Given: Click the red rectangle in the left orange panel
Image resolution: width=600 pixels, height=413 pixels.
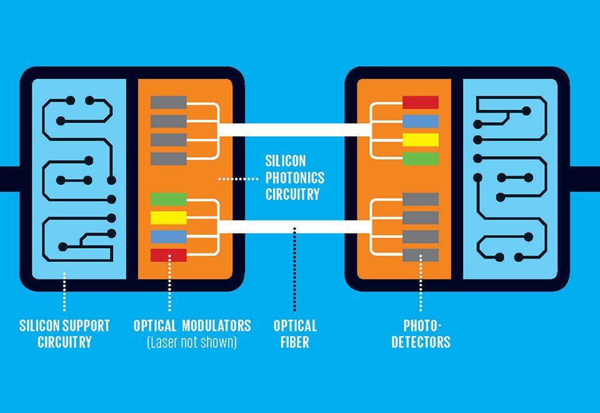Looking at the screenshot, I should click(x=169, y=255).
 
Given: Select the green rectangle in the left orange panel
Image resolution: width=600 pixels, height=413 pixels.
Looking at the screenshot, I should click(x=169, y=199).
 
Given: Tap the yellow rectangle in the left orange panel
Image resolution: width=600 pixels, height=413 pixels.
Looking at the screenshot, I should click(x=169, y=217).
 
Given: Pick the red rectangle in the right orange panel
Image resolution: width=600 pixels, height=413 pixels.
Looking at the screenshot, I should click(x=420, y=102).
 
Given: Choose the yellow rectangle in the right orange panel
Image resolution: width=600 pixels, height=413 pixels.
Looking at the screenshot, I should click(x=420, y=140).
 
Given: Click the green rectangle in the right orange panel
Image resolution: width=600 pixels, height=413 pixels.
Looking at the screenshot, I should click(x=420, y=159).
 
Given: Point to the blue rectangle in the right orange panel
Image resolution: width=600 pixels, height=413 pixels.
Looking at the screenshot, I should click(x=420, y=121).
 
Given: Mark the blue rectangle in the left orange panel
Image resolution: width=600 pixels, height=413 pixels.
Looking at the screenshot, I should click(x=169, y=236).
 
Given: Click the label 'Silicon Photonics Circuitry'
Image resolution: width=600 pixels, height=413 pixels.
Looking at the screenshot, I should click(x=292, y=178).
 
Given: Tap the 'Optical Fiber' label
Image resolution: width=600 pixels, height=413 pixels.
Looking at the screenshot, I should click(x=295, y=334).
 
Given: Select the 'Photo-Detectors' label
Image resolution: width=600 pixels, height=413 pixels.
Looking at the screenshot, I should click(x=421, y=334).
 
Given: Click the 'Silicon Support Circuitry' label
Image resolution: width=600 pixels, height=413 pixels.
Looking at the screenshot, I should click(x=64, y=334).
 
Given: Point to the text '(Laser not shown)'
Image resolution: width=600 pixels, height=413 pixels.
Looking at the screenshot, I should click(x=192, y=342).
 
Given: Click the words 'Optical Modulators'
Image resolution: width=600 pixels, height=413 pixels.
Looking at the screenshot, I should click(x=192, y=326).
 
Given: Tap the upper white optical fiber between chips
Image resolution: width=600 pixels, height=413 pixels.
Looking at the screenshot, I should click(x=294, y=130).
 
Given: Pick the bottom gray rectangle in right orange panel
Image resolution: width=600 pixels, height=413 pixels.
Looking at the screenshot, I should click(x=420, y=255).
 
